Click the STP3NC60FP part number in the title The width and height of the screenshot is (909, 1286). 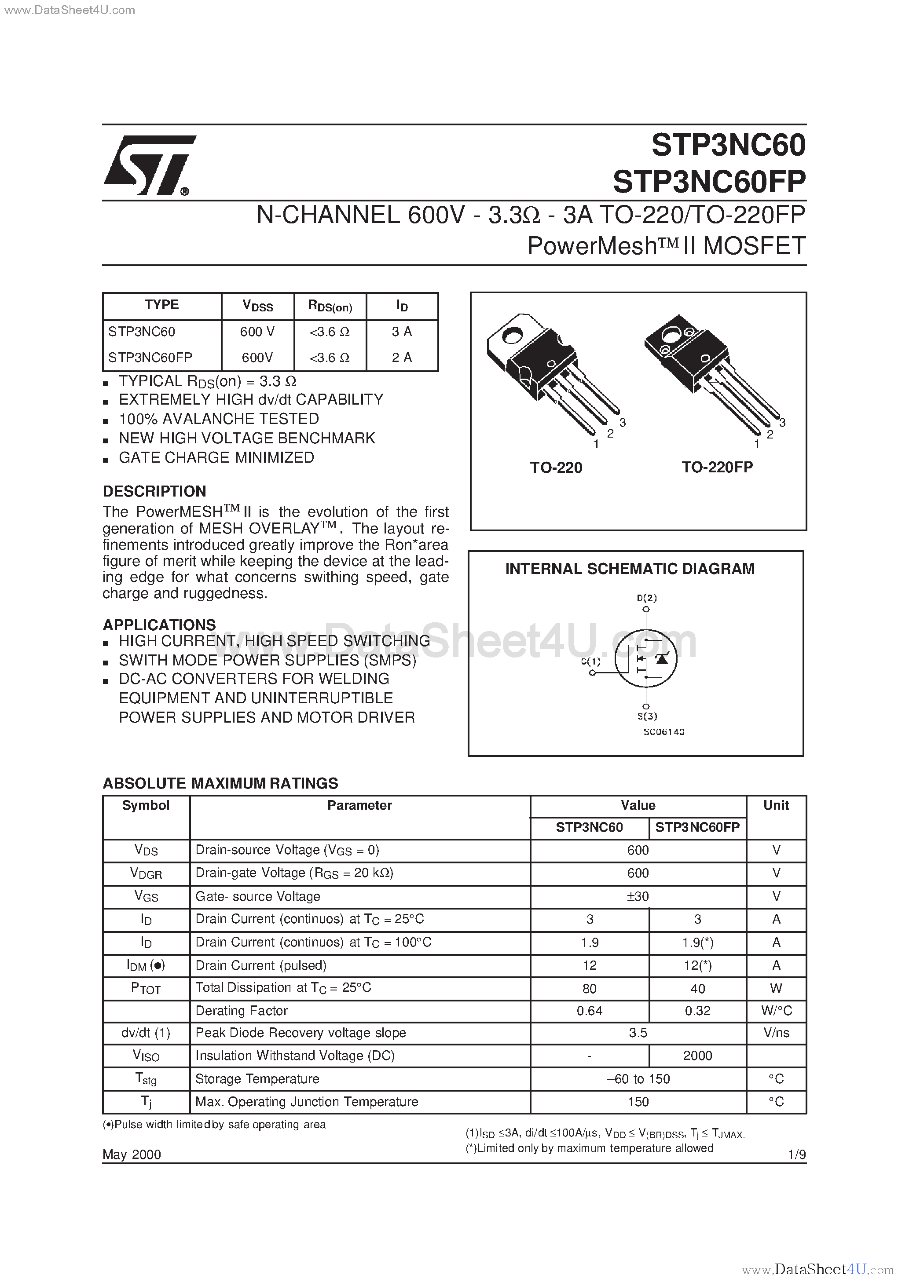[x=708, y=182]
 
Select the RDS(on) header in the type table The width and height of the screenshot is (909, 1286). [x=330, y=306]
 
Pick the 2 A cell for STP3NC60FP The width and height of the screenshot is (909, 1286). [x=402, y=358]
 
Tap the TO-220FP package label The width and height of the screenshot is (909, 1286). [x=717, y=467]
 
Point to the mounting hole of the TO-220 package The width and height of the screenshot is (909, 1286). [x=511, y=336]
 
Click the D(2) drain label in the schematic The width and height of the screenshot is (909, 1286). [x=646, y=598]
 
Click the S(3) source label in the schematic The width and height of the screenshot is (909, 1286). [x=647, y=716]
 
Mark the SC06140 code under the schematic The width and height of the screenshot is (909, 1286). [x=663, y=731]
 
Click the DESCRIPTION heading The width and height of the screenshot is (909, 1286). [x=154, y=491]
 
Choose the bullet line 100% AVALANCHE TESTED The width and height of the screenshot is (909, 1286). [x=219, y=419]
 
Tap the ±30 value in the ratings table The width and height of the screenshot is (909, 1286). [x=638, y=896]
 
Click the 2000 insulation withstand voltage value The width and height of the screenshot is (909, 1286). [x=697, y=1055]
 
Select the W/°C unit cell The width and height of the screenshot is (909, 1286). [x=776, y=1010]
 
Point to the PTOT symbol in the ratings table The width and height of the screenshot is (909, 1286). [x=146, y=988]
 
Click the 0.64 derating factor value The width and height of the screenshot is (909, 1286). [x=589, y=1010]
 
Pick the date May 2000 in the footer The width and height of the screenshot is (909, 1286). [x=132, y=1154]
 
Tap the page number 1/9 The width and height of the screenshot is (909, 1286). [x=796, y=1154]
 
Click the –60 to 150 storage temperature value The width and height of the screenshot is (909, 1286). [x=638, y=1079]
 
